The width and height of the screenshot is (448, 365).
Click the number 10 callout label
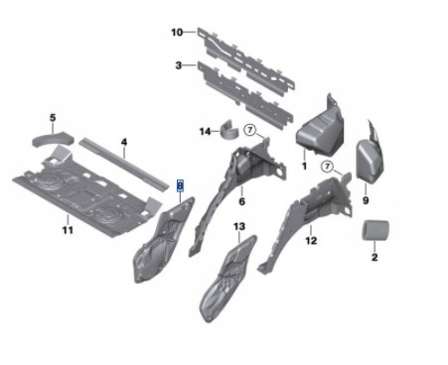pos(177,32)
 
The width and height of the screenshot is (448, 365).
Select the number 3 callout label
pos(177,65)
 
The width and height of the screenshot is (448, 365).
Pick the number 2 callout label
pos(373,257)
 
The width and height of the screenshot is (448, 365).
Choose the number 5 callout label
pos(53,117)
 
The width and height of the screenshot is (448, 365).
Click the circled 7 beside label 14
pos(250,130)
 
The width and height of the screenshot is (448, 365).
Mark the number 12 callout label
pos(311,241)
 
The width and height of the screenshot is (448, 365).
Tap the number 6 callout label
pos(241,201)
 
